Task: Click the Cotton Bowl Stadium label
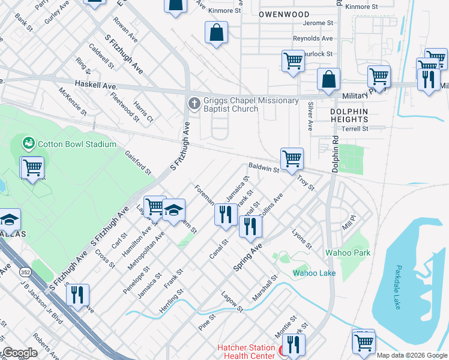coord(77,144)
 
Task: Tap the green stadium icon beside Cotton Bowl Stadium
coord(28,144)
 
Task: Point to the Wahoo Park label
coord(348,253)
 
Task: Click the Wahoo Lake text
coord(314,273)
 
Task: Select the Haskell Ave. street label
coord(95,86)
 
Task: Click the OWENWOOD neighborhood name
coord(284,14)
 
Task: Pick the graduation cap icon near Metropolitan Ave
coord(174,210)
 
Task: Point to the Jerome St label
coord(318,23)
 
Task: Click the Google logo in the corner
coord(19,353)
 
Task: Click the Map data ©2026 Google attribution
coord(412,355)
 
